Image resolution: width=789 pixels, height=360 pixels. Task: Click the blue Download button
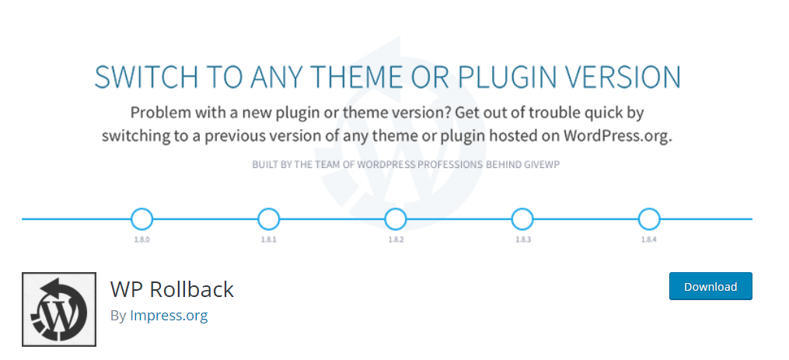[710, 286]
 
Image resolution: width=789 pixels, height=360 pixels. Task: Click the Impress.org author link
[169, 316]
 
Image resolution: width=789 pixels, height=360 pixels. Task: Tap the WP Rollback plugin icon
[59, 309]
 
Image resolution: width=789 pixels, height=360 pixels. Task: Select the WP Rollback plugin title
[172, 289]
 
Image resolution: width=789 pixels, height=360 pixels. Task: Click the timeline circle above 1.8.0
[141, 219]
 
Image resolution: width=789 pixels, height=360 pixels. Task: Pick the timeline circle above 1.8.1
[268, 219]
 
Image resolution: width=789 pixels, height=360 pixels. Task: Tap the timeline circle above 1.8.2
[395, 219]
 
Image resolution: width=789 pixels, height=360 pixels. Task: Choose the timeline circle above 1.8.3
[522, 219]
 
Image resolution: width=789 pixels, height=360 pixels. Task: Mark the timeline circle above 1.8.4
[648, 219]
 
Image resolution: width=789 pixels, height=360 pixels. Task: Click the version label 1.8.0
[141, 239]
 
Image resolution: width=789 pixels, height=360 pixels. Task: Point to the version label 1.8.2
[396, 239]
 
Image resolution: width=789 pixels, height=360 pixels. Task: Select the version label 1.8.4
[648, 239]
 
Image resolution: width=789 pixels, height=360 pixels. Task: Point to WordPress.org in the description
[617, 136]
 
